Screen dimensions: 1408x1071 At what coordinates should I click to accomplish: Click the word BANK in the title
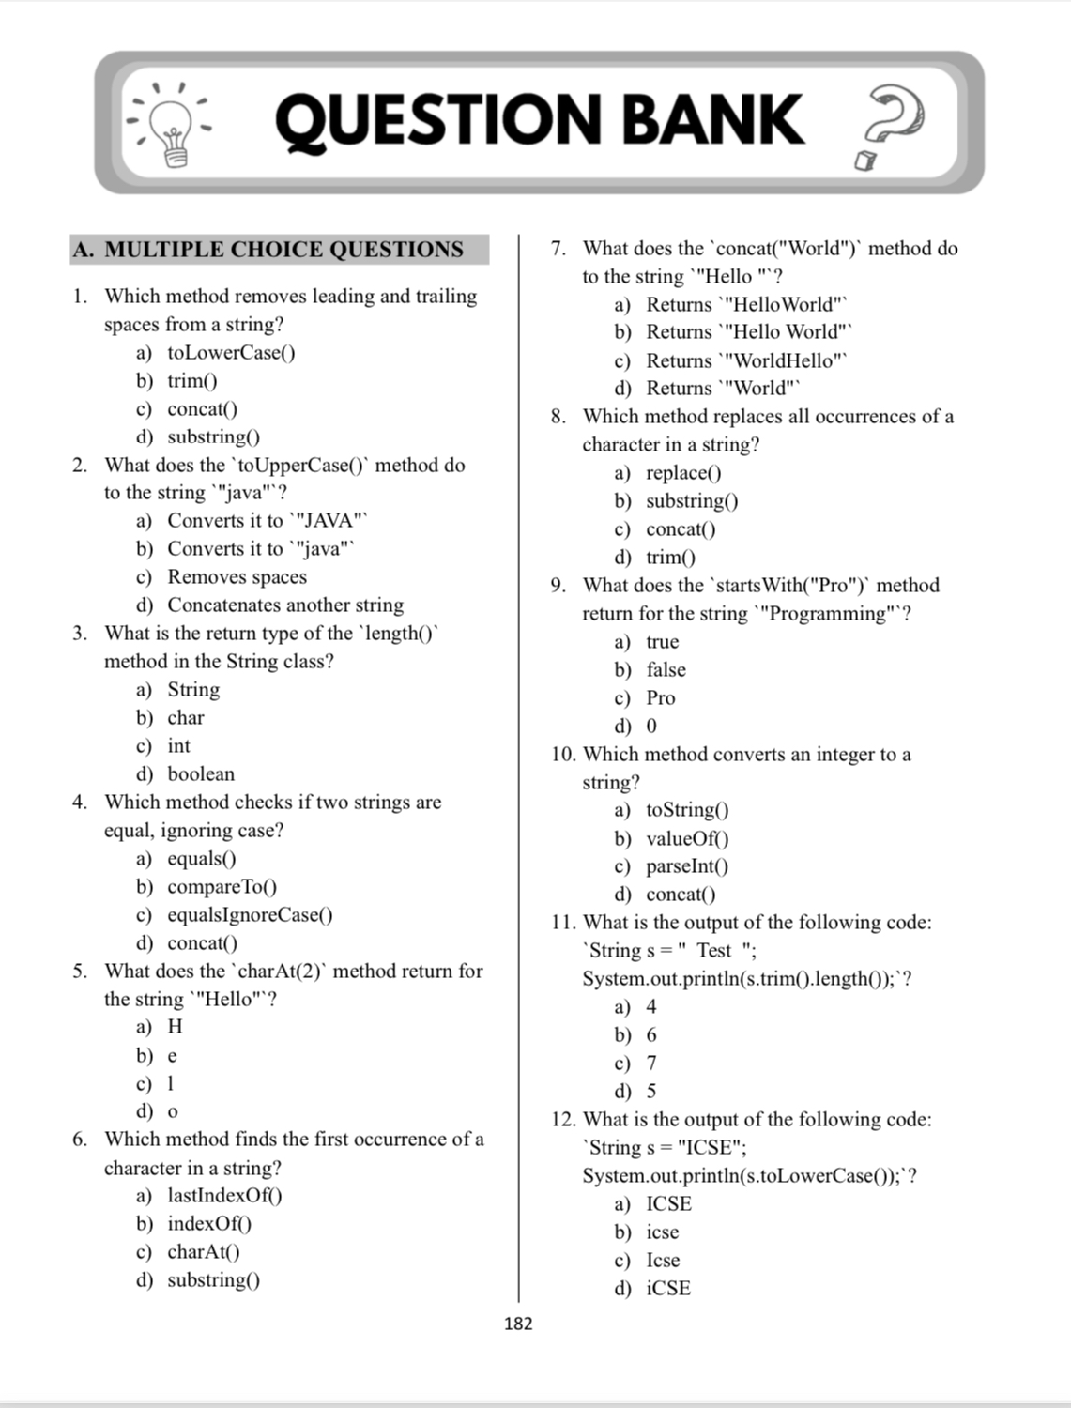712,121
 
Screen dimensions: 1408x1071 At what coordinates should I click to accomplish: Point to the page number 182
518,1324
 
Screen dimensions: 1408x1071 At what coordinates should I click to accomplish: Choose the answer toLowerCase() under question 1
231,353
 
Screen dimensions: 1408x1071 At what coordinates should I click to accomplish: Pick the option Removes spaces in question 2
237,577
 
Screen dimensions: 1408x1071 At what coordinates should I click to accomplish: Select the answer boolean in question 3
201,774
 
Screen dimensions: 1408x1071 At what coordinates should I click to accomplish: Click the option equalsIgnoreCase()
250,915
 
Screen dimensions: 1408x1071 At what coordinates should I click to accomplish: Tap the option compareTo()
222,887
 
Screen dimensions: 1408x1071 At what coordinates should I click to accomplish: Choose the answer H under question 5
176,1027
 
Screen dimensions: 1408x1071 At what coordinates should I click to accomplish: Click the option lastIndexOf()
224,1196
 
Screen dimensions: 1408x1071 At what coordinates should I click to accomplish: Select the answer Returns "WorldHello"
745,360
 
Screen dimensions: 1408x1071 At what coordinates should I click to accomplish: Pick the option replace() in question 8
683,473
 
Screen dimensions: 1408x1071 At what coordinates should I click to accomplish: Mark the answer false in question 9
666,670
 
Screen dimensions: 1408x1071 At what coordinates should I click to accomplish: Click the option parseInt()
687,866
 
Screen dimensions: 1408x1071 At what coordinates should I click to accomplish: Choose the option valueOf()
687,838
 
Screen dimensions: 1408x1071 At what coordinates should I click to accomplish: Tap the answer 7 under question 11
651,1064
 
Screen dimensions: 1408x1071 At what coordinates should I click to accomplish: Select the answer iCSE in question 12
668,1289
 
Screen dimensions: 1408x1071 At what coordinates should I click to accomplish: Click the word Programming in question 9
827,614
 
